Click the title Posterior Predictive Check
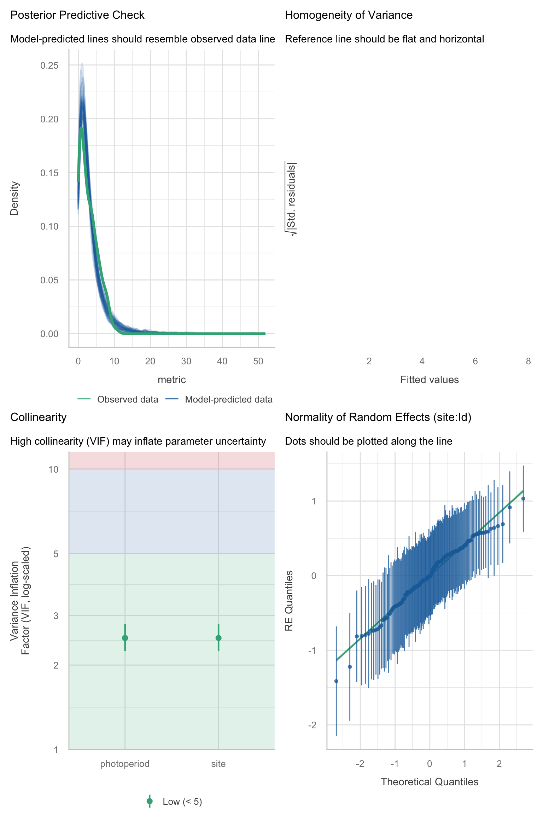click(x=77, y=15)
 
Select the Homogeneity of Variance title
click(x=349, y=15)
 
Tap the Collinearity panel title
click(x=39, y=417)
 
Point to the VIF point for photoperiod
click(x=125, y=638)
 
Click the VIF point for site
click(x=218, y=638)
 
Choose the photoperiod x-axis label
click(x=125, y=764)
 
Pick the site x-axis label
click(x=218, y=764)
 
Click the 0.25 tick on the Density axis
click(x=49, y=65)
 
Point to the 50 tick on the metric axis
click(x=258, y=361)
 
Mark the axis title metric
click(x=172, y=380)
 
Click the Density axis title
click(x=14, y=198)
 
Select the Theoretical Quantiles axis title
click(x=430, y=782)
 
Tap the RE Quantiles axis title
click(x=289, y=601)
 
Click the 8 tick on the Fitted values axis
click(x=528, y=361)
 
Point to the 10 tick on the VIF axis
click(x=53, y=469)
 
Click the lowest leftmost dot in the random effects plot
click(x=336, y=681)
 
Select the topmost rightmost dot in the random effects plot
click(x=523, y=498)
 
